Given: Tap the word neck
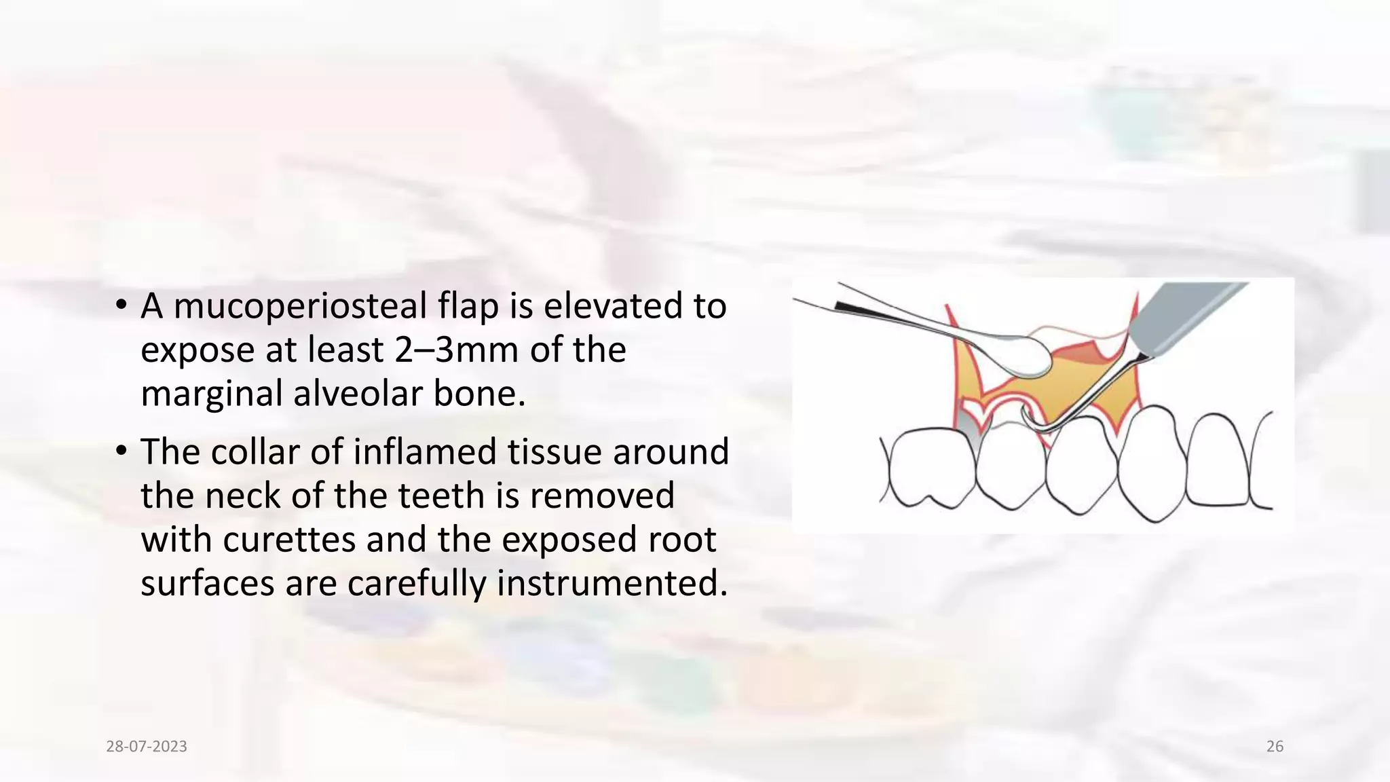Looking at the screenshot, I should pyautogui.click(x=243, y=496).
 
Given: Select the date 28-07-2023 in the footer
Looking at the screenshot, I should pyautogui.click(x=147, y=747).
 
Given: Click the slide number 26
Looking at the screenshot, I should pyautogui.click(x=1275, y=747).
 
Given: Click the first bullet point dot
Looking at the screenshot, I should pyautogui.click(x=121, y=305).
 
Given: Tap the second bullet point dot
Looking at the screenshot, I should pyautogui.click(x=121, y=451).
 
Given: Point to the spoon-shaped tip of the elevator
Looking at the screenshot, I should pyautogui.click(x=1026, y=358).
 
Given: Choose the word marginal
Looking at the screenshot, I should pyautogui.click(x=211, y=395).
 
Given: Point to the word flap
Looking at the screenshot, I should pyautogui.click(x=468, y=307).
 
